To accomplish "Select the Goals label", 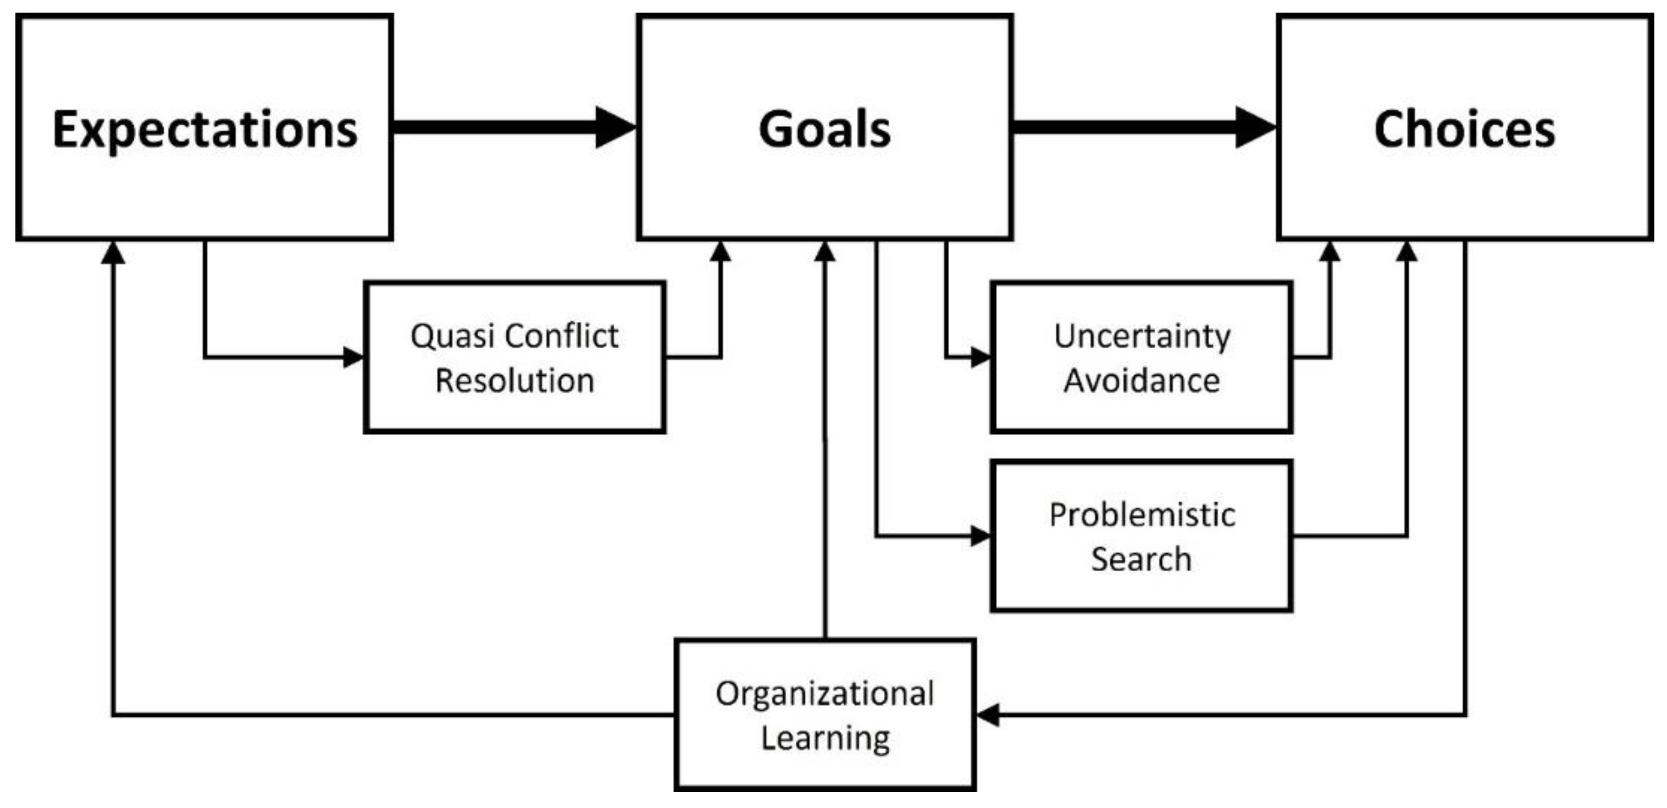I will point(824,130).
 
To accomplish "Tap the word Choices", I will point(1464,130).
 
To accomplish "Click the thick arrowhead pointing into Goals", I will point(615,127).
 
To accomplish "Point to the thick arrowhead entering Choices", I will point(1255,127).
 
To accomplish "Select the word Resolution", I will point(514,381).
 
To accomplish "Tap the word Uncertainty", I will point(1142,336).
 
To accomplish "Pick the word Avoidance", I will point(1142,381).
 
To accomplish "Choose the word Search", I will point(1142,559).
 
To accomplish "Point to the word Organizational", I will point(824,694).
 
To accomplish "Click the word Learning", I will point(825,738).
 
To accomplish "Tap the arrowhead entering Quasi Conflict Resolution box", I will point(354,357).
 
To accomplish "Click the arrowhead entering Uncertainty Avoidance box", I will point(981,357).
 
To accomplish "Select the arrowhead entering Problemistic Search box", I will point(981,536).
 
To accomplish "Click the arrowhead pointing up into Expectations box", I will point(113,252).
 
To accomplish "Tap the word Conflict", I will point(562,336).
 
